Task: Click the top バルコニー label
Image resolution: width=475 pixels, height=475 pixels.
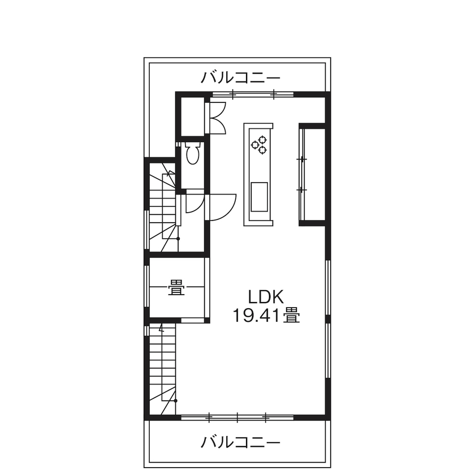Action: [x=241, y=77]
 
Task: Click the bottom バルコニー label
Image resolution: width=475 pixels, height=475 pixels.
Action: [x=241, y=442]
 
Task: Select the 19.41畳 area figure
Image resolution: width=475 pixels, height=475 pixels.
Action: [x=266, y=315]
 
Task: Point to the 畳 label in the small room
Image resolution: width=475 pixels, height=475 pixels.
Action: [x=176, y=290]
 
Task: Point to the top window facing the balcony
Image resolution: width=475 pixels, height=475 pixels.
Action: [x=252, y=93]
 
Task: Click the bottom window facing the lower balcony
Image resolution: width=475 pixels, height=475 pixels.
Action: [x=237, y=418]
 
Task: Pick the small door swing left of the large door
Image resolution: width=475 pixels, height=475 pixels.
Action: [x=192, y=202]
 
